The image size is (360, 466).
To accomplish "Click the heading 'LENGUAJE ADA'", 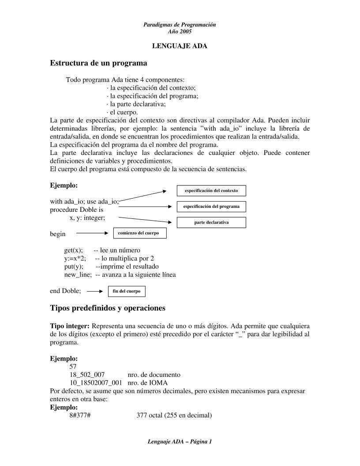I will [180, 46].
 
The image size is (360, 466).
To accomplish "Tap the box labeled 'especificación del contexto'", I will [211, 191].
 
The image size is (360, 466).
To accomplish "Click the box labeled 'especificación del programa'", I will [211, 207].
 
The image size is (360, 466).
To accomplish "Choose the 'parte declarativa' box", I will [211, 222].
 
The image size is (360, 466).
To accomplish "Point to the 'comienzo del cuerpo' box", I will [140, 233].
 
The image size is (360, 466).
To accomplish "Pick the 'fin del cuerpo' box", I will [127, 291].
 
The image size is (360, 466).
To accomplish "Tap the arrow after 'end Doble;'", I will [94, 291].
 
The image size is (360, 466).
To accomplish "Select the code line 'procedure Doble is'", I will [76, 210].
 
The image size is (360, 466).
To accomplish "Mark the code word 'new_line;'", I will [78, 274].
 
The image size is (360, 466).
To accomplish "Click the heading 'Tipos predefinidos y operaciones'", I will [108, 308].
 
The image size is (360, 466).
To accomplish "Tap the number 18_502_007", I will [87, 375].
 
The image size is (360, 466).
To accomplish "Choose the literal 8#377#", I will [80, 415].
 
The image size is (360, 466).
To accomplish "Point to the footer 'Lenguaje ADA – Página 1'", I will [180, 441].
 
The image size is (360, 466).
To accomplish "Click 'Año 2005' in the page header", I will [180, 31].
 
